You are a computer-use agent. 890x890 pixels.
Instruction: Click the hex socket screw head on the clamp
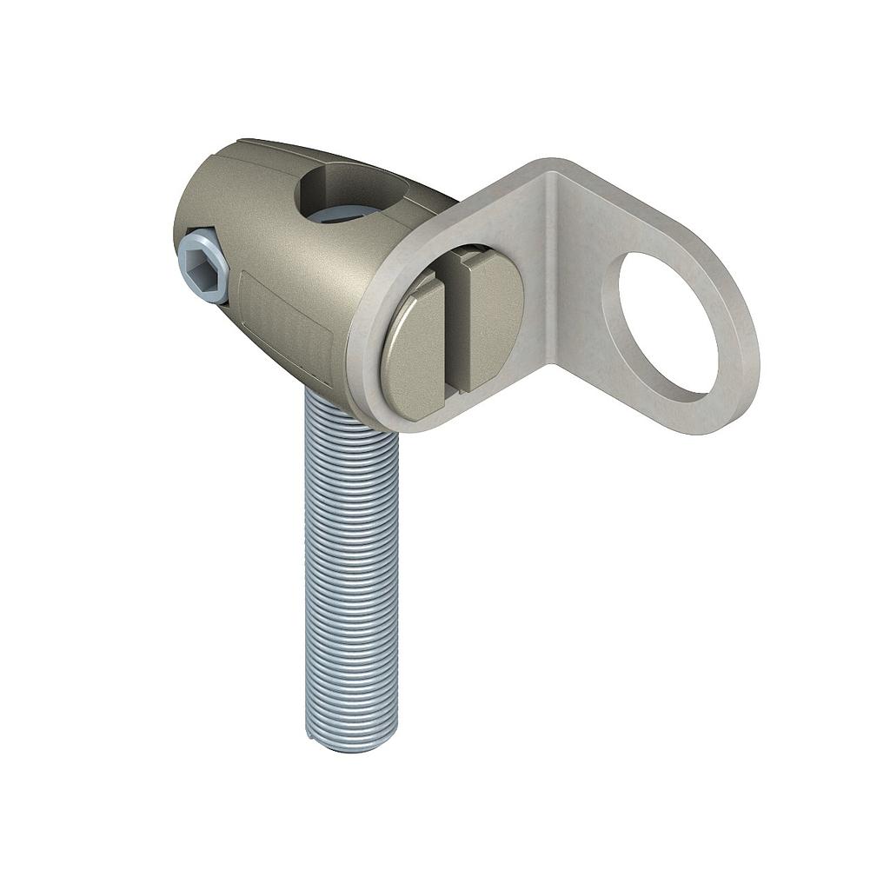tap(203, 264)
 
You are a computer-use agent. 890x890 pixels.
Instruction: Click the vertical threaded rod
tap(351, 565)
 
